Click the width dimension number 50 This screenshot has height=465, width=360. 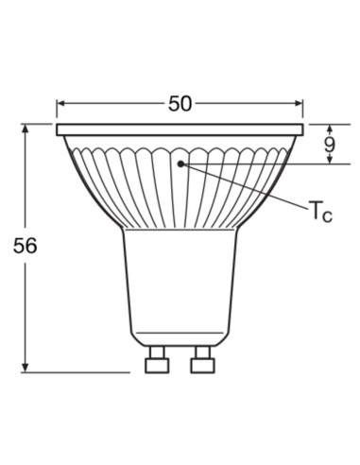(180, 104)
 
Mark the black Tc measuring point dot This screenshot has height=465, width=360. (181, 164)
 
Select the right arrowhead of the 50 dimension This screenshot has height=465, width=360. (300, 105)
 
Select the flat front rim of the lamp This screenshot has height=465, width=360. (180, 130)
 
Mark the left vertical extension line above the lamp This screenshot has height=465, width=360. (56, 109)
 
